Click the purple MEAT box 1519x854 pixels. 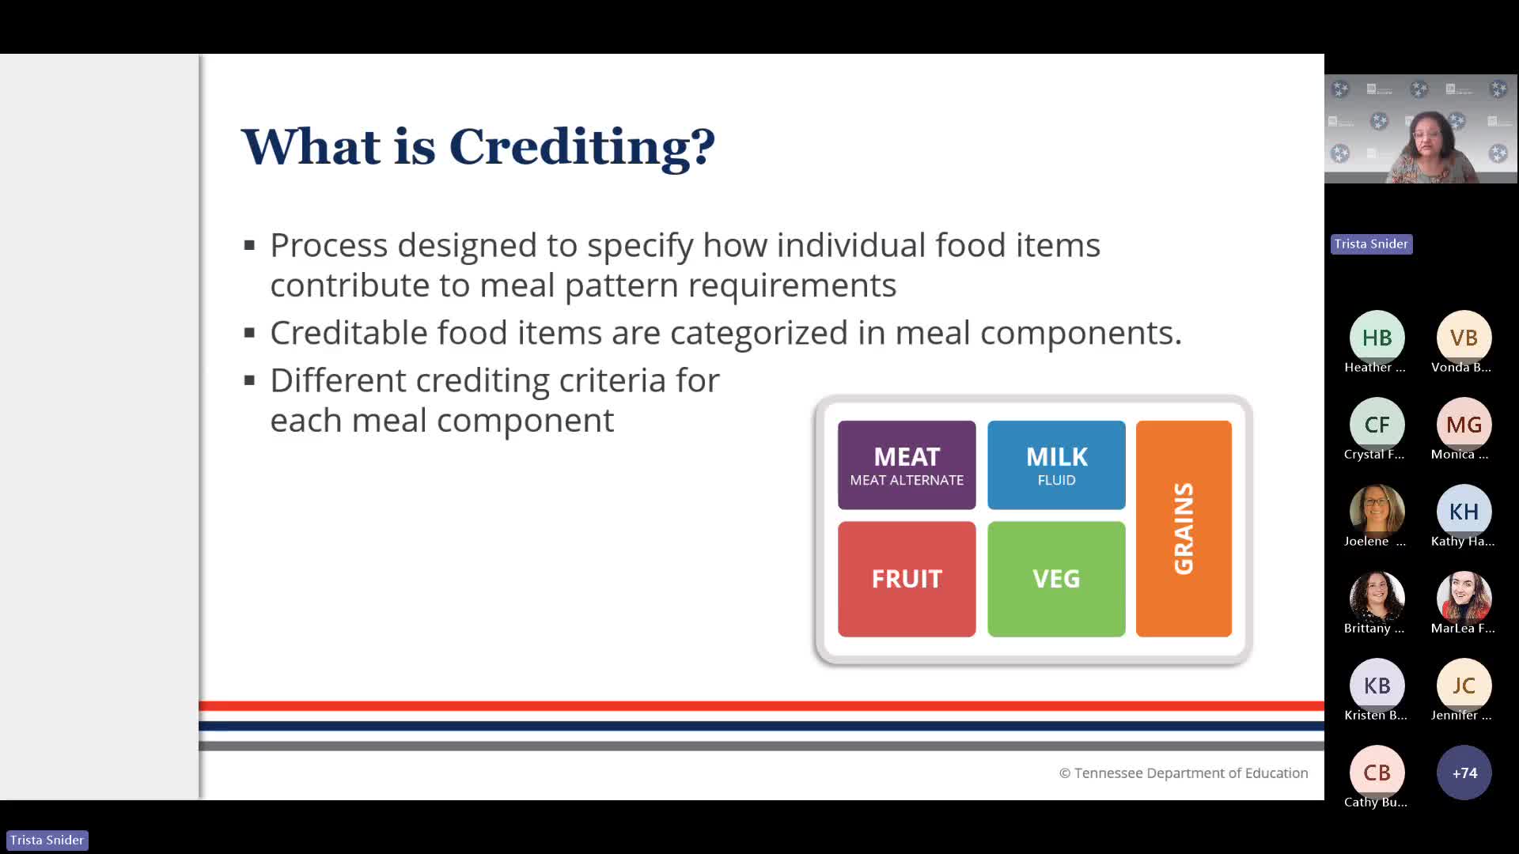[x=907, y=465]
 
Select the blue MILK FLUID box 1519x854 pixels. [x=1056, y=465]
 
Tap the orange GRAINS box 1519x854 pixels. [x=1184, y=528]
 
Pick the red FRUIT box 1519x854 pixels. [x=907, y=579]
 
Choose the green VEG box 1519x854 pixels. [x=1056, y=579]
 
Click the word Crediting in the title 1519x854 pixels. [x=582, y=147]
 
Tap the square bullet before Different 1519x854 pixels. [x=250, y=381]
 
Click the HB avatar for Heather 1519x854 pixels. [x=1377, y=338]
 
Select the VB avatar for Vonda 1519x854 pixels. [x=1464, y=338]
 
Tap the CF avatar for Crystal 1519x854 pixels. [x=1377, y=425]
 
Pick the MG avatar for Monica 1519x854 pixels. [x=1464, y=425]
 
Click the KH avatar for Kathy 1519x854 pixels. [x=1464, y=512]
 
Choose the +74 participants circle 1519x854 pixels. [x=1464, y=773]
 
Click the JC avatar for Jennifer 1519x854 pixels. [x=1464, y=686]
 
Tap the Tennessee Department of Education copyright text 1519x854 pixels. [x=1184, y=773]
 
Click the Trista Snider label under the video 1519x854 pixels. [x=1371, y=244]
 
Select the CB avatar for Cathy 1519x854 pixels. [x=1377, y=773]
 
